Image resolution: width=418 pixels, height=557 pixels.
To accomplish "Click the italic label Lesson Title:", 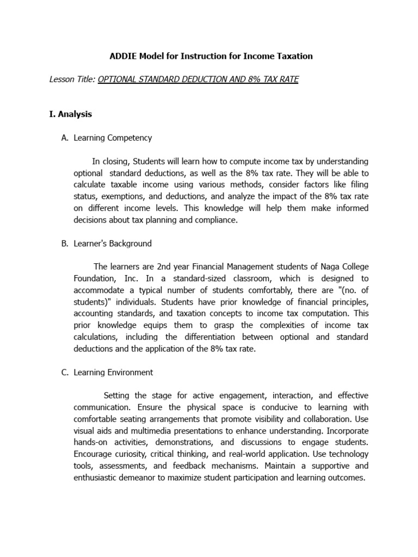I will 72,79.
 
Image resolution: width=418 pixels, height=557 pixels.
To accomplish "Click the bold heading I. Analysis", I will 71,114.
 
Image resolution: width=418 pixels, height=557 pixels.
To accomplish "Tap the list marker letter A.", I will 64,138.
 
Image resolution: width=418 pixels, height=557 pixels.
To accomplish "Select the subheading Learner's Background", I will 113,244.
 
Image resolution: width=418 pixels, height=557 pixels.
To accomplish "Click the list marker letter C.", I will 64,373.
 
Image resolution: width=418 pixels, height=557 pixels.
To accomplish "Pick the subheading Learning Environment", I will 113,373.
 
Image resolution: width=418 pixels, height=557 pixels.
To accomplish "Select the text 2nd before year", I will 165,267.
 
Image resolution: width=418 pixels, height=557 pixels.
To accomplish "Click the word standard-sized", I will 167,278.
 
